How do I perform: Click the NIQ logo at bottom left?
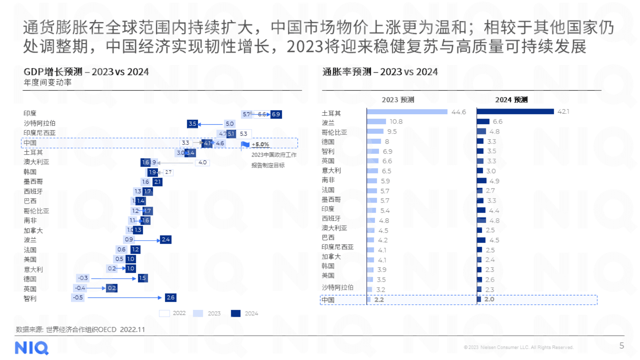coord(31,348)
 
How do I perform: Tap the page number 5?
coord(621,345)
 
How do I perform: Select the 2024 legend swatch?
coord(236,314)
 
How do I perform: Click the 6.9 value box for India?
coord(276,114)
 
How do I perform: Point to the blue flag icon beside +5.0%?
coord(245,144)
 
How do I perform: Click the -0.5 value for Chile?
coord(78,297)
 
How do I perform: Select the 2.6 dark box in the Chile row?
coord(171,297)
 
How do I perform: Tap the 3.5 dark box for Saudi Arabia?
coord(192,124)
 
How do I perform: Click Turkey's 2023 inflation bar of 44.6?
coord(407,112)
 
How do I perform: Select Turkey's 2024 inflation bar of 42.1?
coord(515,111)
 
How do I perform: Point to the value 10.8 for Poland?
coord(396,121)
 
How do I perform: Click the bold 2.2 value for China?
coord(379,299)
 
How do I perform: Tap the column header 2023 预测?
coord(398,100)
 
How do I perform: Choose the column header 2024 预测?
coord(511,100)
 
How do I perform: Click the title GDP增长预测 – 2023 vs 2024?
coord(86,72)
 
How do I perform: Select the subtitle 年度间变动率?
coord(48,82)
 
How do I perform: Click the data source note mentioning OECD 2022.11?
coord(80,329)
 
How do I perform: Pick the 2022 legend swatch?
coord(164,314)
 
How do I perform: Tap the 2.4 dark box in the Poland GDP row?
coord(166,239)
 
